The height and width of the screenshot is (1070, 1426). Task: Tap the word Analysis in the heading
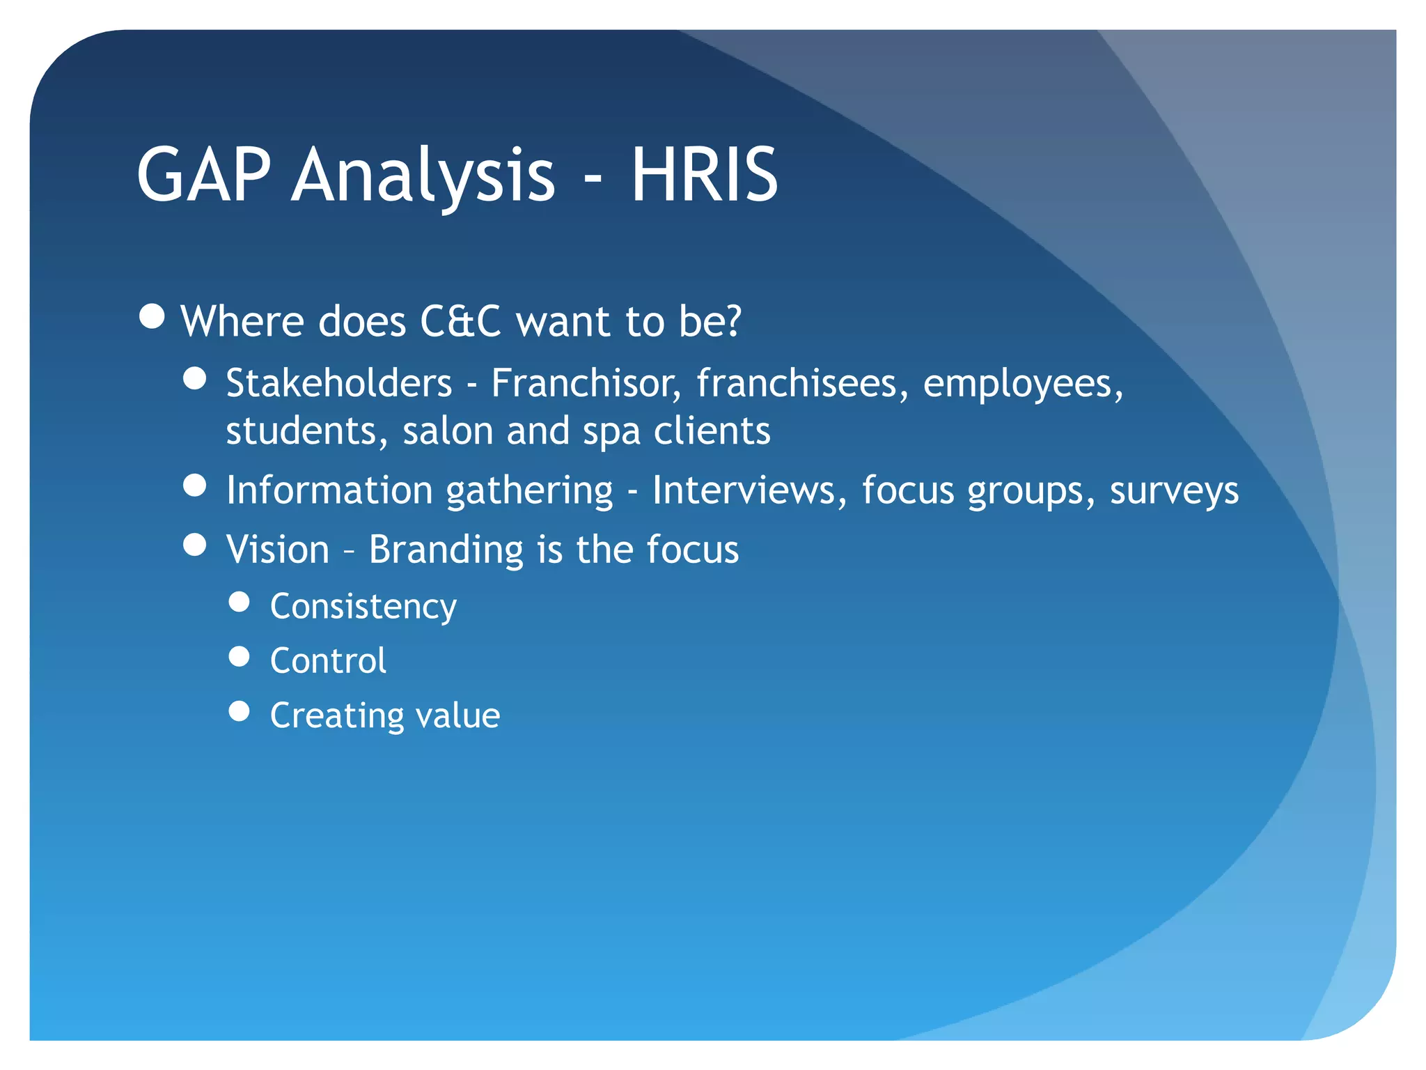[x=423, y=176]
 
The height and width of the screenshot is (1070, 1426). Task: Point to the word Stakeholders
[x=339, y=383]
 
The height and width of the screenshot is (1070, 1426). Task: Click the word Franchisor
[x=586, y=383]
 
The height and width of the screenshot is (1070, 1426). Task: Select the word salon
[x=448, y=431]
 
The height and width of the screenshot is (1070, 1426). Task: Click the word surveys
[x=1174, y=491]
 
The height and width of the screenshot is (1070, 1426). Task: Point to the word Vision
[x=278, y=550]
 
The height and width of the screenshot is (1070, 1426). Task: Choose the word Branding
[x=446, y=550]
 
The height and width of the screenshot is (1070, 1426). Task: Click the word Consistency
[x=363, y=607]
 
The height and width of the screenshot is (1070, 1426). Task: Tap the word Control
[x=328, y=660]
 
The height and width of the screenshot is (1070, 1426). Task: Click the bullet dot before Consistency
[x=239, y=602]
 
